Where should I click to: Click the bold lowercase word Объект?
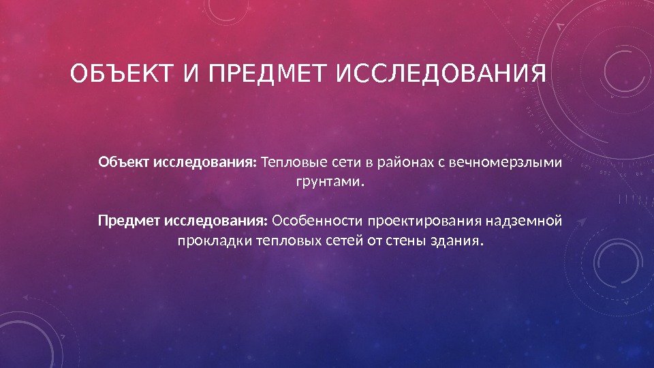pos(126,164)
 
